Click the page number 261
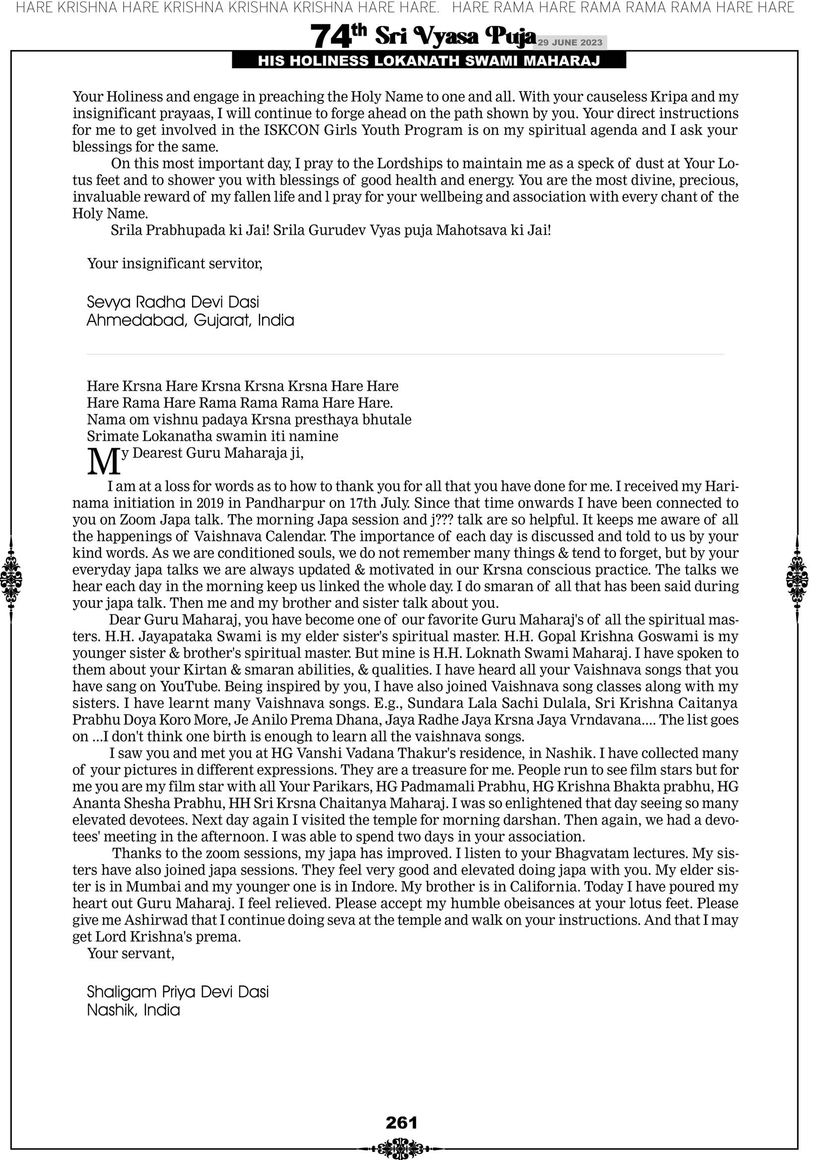click(x=402, y=1122)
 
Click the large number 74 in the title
click(x=330, y=36)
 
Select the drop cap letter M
click(x=104, y=462)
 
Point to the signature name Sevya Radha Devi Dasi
click(x=173, y=302)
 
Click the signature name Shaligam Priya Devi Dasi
click(x=178, y=992)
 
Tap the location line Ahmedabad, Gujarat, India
click(x=191, y=320)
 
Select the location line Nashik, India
click(x=134, y=1010)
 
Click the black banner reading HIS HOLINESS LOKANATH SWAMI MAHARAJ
click(x=429, y=61)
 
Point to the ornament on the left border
click(x=11, y=579)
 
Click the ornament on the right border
click(x=797, y=579)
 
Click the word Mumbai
click(x=151, y=887)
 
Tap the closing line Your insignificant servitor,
click(x=175, y=264)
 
